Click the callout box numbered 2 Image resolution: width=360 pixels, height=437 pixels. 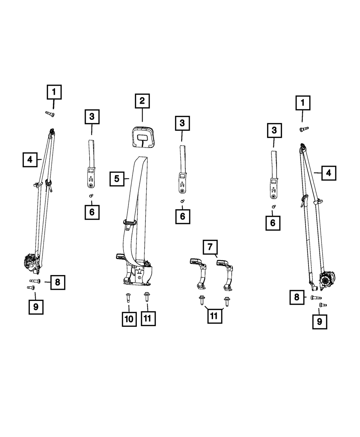point(142,101)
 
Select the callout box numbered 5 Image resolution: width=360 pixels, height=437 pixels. point(117,178)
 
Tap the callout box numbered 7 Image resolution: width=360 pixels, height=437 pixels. point(210,247)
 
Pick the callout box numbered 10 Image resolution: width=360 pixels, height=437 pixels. point(129,319)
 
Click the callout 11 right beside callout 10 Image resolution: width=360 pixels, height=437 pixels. point(148,319)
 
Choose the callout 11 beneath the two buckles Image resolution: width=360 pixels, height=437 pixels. point(214,316)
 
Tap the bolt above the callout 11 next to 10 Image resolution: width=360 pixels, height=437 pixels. point(147,297)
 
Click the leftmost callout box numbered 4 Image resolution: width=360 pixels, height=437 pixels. point(30,159)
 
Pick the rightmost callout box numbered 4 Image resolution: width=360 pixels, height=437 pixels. point(329,173)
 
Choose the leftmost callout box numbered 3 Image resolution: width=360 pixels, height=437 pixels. point(92,117)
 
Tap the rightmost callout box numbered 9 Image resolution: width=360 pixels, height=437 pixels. point(320,321)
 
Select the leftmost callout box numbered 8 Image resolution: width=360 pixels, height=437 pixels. point(58,282)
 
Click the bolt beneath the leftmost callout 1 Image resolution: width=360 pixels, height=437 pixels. point(49,114)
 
